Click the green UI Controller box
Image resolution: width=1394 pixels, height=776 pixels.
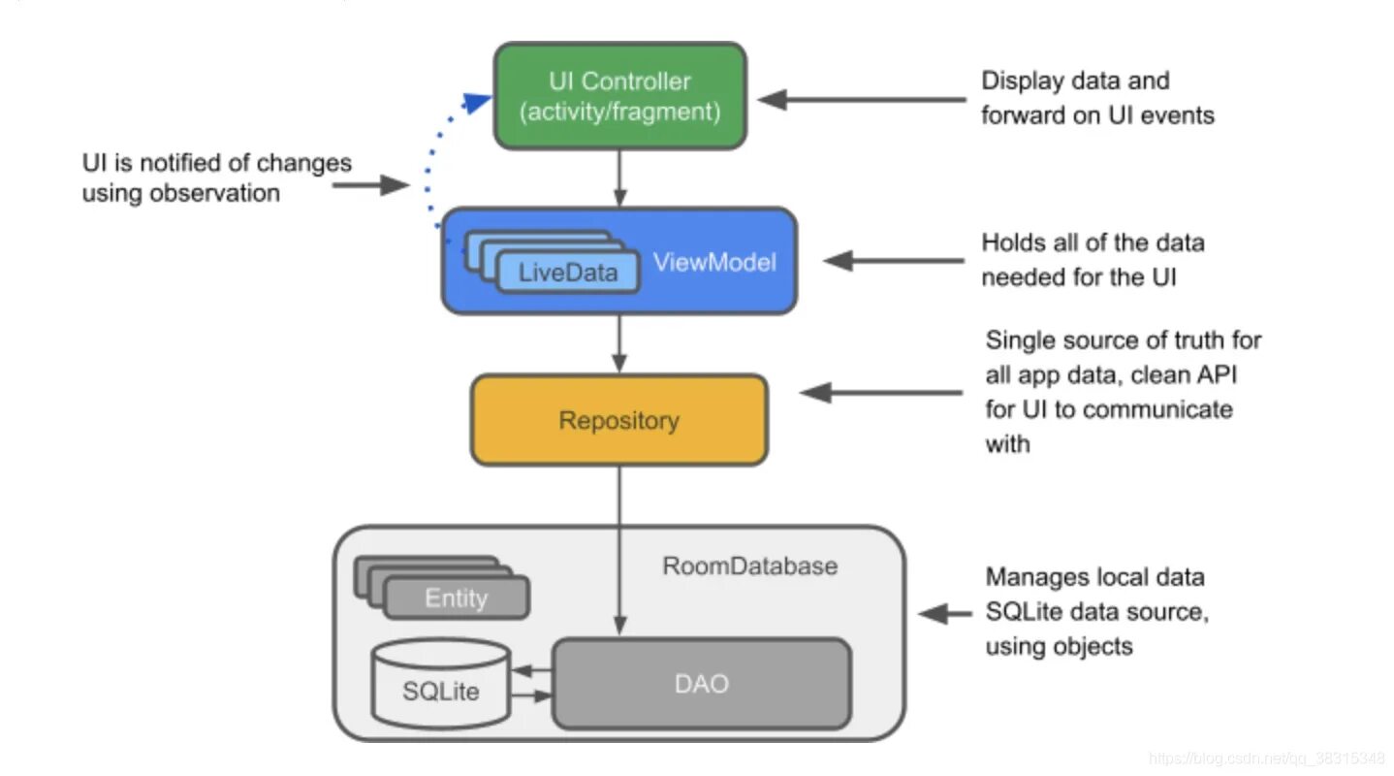click(x=619, y=96)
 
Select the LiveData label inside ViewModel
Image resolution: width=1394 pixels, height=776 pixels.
click(x=568, y=272)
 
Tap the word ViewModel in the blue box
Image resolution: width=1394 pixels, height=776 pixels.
click(x=714, y=262)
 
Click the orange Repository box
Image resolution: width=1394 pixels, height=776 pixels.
click(x=618, y=420)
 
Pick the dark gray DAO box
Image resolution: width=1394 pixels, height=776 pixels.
click(x=701, y=683)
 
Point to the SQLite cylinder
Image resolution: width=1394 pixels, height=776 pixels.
click(x=441, y=683)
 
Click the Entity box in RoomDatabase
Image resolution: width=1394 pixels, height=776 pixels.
click(x=456, y=598)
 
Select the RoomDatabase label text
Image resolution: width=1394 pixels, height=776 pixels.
click(x=749, y=566)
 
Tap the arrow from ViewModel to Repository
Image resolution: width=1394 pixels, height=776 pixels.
click(x=619, y=343)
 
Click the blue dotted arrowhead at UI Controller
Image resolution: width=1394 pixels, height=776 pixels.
click(x=479, y=100)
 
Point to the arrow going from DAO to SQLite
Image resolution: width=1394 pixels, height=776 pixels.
click(x=531, y=670)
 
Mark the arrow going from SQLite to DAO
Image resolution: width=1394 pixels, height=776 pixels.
click(x=531, y=695)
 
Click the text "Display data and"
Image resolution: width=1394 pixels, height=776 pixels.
click(x=1075, y=81)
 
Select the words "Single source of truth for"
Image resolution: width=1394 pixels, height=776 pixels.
click(x=1124, y=339)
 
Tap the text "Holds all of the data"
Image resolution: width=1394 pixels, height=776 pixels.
click(x=1093, y=242)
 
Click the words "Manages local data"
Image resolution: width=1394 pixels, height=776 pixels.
click(x=1094, y=577)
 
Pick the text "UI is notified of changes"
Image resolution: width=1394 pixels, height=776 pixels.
click(x=216, y=162)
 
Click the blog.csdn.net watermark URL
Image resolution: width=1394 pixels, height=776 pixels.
click(x=1266, y=758)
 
